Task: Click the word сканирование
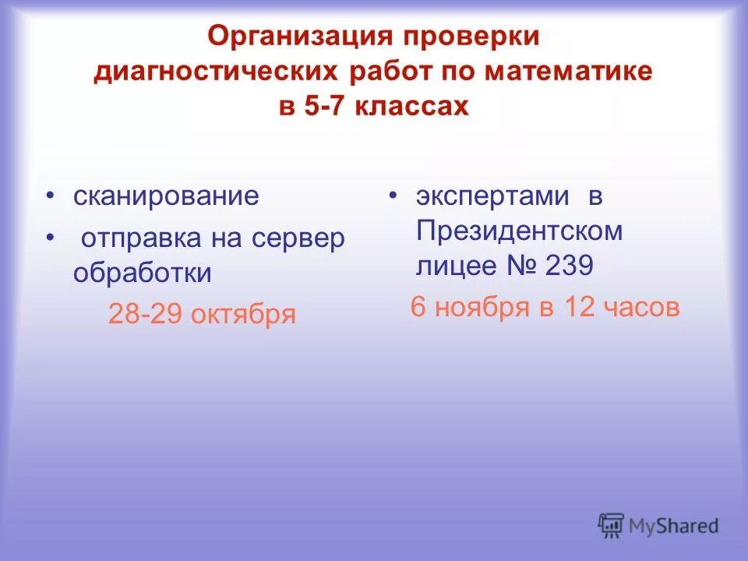[x=166, y=196]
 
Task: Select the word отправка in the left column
[x=139, y=238]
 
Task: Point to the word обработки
[x=143, y=273]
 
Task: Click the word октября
[x=250, y=315]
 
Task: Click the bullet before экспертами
[x=393, y=196]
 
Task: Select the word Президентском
[x=519, y=231]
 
